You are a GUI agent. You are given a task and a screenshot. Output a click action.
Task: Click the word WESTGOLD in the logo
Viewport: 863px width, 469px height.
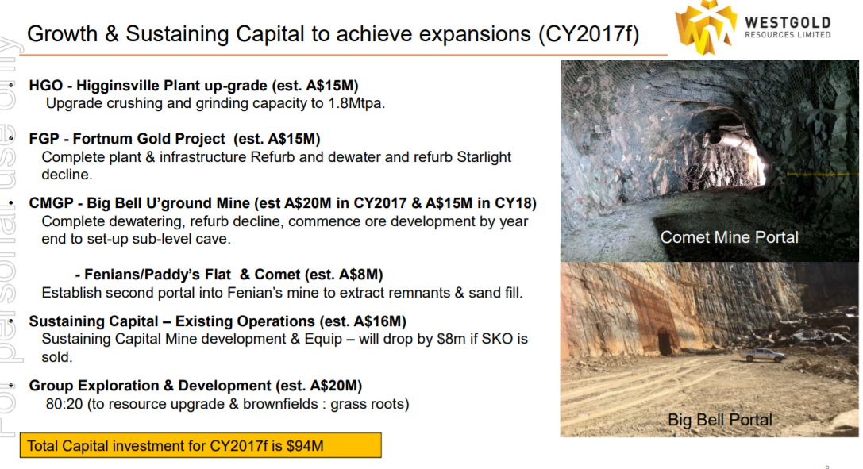click(788, 22)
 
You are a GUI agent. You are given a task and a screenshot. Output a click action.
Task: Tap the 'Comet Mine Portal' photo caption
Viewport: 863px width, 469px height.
click(730, 237)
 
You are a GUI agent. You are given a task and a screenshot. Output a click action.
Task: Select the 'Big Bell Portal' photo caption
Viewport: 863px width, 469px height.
click(720, 420)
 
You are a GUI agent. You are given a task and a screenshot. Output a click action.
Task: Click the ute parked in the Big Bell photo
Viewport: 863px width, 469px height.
click(765, 356)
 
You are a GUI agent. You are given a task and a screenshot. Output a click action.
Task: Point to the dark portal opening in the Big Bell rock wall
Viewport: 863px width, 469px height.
click(665, 342)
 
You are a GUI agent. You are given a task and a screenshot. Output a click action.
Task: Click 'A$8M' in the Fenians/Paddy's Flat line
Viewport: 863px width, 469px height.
click(359, 275)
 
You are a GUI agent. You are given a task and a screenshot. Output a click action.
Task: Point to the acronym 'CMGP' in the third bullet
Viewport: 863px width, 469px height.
click(51, 203)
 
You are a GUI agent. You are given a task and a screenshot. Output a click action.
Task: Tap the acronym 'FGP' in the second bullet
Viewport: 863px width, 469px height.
click(44, 139)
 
